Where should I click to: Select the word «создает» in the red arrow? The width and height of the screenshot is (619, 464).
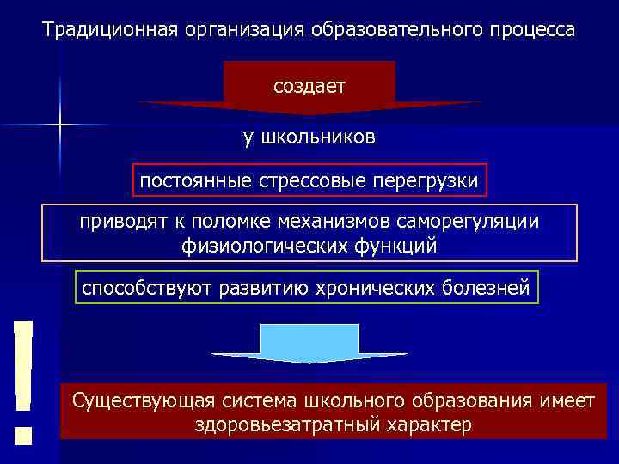tap(309, 86)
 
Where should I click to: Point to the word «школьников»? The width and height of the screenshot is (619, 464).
tap(320, 138)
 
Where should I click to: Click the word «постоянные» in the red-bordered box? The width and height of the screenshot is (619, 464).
tap(186, 181)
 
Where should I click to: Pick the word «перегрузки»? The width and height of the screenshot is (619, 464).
tap(432, 181)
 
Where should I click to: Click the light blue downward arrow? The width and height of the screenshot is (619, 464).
tap(309, 344)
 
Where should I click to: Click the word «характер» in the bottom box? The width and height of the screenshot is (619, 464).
tap(428, 425)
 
